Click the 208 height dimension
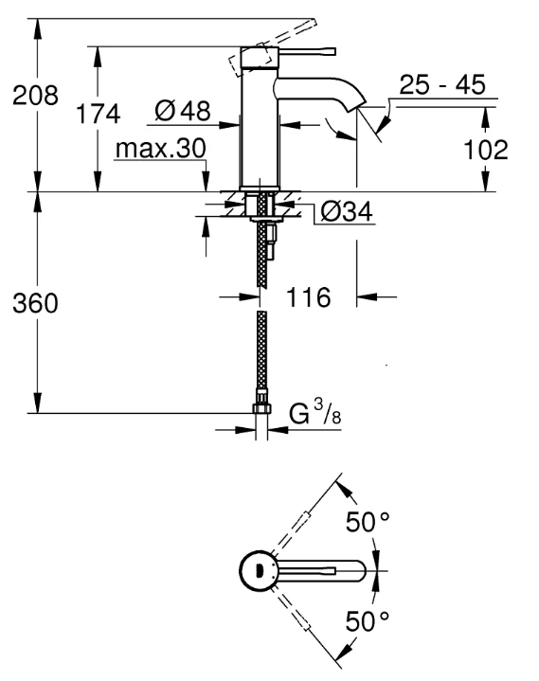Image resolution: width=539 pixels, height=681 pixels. click(35, 96)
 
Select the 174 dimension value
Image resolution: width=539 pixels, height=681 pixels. click(98, 115)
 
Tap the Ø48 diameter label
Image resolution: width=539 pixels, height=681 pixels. click(183, 111)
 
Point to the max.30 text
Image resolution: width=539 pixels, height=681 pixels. click(161, 149)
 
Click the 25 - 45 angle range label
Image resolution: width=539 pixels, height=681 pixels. click(442, 84)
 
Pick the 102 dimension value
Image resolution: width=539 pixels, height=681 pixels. click(486, 150)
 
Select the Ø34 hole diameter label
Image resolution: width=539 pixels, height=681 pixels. click(347, 212)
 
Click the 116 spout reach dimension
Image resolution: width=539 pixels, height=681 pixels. click(309, 297)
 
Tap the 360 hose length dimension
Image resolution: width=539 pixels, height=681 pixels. click(35, 303)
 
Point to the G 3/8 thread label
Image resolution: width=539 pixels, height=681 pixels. click(314, 413)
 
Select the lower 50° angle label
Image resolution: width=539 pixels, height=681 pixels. click(368, 621)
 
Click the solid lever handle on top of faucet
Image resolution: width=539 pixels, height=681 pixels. click(307, 51)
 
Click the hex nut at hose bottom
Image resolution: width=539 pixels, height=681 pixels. click(261, 408)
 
